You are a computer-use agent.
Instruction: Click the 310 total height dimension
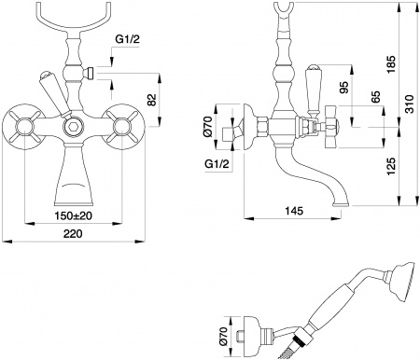[409, 107]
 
